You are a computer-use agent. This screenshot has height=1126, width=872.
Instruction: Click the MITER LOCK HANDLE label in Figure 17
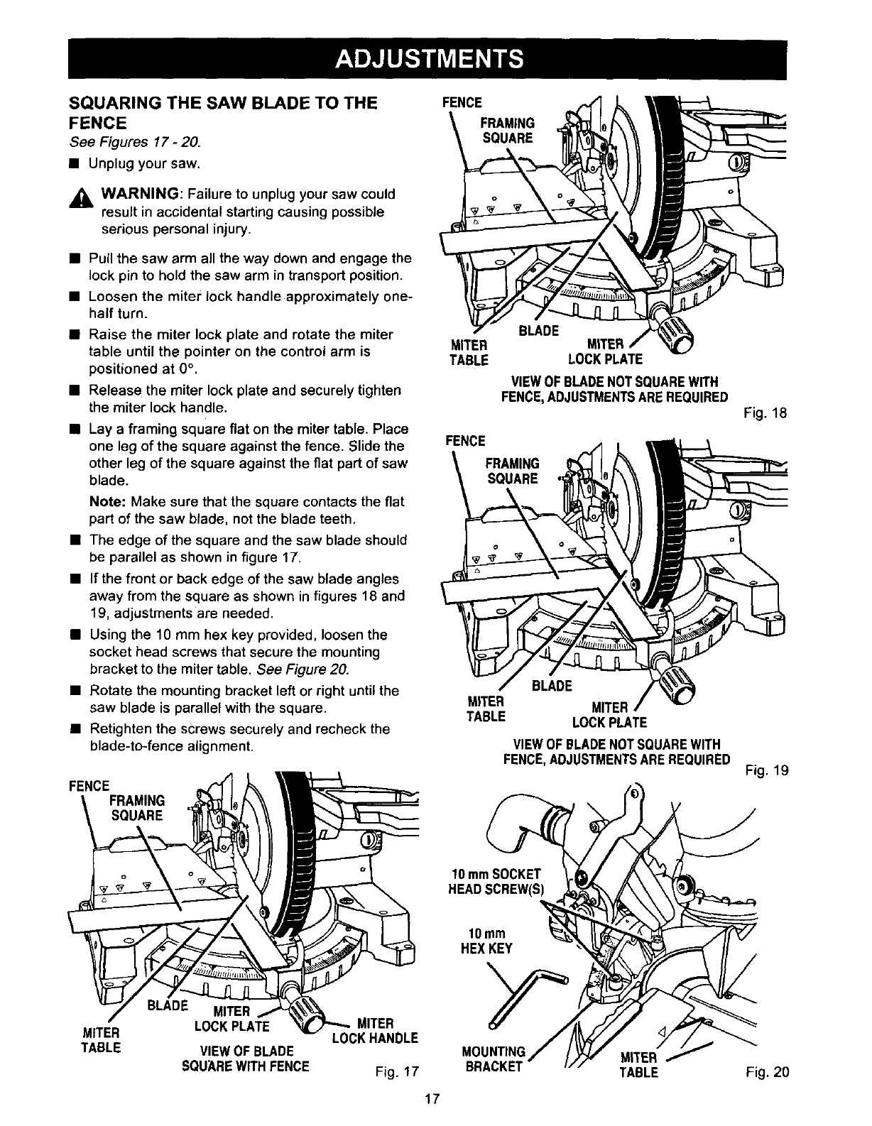[x=374, y=1031]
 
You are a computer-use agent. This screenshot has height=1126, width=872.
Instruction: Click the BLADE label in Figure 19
[x=552, y=686]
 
